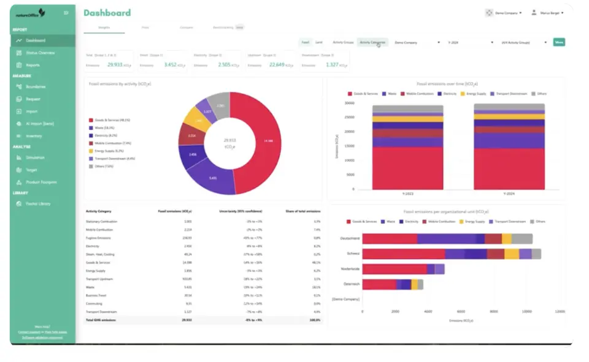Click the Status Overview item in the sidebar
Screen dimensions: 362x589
pyautogui.click(x=40, y=53)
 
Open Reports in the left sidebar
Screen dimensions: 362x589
pyautogui.click(x=33, y=65)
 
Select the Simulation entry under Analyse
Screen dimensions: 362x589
pyautogui.click(x=35, y=157)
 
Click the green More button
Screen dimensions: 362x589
pyautogui.click(x=558, y=42)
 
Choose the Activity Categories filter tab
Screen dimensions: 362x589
pyautogui.click(x=372, y=42)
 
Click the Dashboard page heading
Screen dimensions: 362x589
pyautogui.click(x=107, y=13)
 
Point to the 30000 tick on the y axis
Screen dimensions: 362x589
pyautogui.click(x=348, y=103)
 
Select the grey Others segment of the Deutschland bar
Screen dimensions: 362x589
pyautogui.click(x=522, y=239)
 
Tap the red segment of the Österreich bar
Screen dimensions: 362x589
pyautogui.click(x=379, y=284)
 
